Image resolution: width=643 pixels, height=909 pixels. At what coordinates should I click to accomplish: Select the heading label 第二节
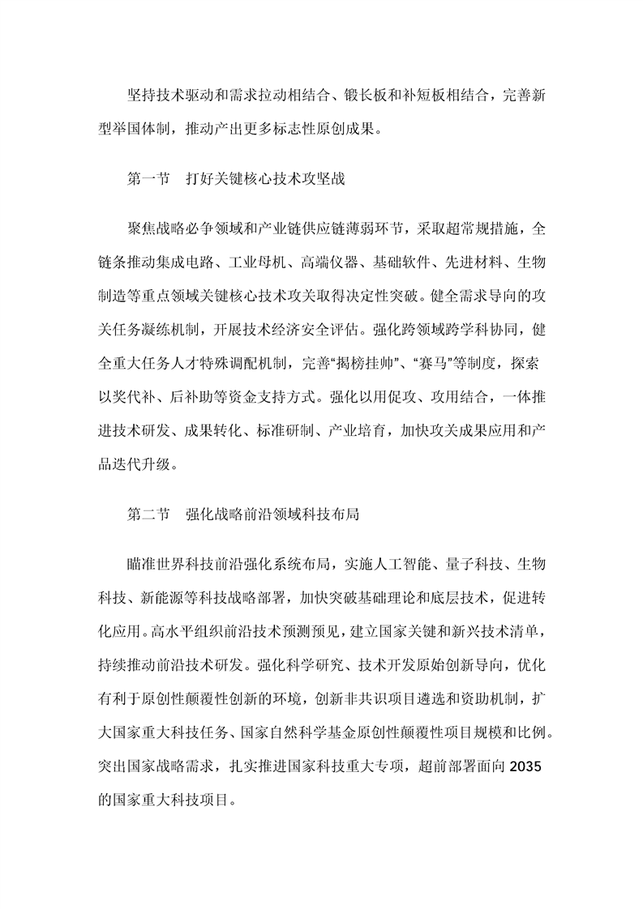click(x=148, y=514)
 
